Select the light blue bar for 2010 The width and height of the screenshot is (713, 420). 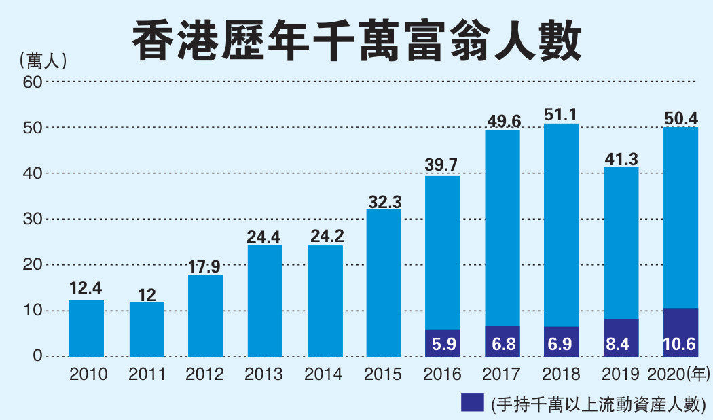coord(86,328)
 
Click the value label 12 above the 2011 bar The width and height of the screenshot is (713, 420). coord(147,295)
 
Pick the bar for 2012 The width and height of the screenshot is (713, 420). coord(206,316)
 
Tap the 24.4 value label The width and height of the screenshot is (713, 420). coord(265,237)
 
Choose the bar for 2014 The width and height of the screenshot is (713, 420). coord(325,300)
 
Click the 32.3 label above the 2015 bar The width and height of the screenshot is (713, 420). coord(384,202)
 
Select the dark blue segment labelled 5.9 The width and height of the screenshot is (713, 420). coord(443,344)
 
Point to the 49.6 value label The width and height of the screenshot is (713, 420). coord(503,121)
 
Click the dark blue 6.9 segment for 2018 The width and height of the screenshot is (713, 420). coord(562,343)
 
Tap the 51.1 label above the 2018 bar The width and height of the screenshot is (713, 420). coord(562,115)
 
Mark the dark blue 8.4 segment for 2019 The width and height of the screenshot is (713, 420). coord(621,338)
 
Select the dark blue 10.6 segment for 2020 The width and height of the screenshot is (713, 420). coord(680,333)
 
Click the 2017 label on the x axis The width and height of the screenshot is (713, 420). coord(502,374)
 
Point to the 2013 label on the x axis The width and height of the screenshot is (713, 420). coord(265,374)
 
